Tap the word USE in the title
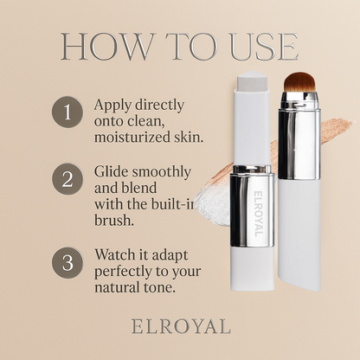tap(264, 47)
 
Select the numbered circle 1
tap(67, 112)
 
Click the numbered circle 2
tap(67, 179)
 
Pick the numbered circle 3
tap(67, 263)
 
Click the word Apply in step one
tap(112, 106)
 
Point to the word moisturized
tap(132, 137)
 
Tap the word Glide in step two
tap(111, 171)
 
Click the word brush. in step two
tap(114, 221)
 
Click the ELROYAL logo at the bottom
tap(181, 326)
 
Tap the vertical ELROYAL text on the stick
tap(259, 214)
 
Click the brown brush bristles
tap(299, 82)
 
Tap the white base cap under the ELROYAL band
tap(252, 269)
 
